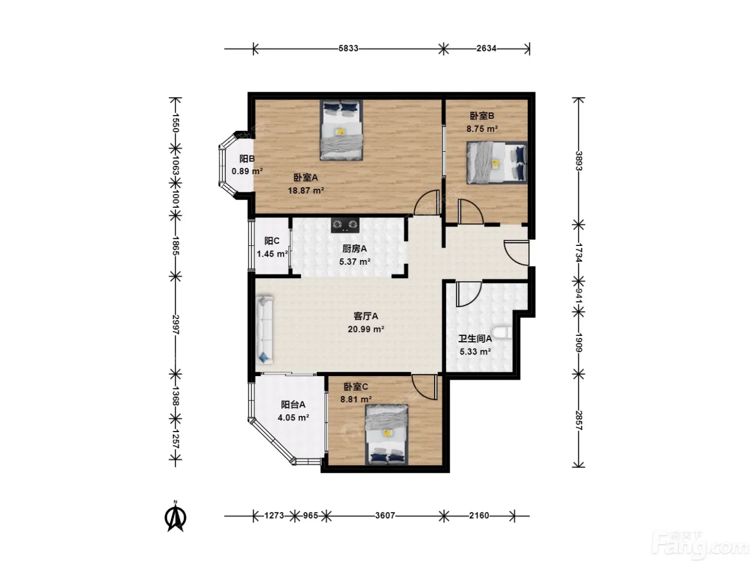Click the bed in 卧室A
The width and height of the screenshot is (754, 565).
point(341,130)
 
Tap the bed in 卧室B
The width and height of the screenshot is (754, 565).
point(497,163)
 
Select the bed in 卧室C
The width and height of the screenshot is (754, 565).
point(387,435)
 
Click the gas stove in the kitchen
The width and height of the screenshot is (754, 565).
point(345,225)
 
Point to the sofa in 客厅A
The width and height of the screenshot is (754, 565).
point(264,330)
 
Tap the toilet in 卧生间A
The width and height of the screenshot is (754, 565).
point(501,333)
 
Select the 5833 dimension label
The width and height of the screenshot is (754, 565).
point(348,48)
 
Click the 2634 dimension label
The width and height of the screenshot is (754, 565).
point(486,48)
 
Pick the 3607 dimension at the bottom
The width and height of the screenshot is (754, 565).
point(385,515)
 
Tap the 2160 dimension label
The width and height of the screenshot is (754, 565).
point(479,515)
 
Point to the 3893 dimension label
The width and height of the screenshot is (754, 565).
point(578,161)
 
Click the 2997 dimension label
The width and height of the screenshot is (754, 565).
point(176,324)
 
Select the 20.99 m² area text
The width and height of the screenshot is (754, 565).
point(366,329)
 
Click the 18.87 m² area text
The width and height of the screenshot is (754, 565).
point(306,190)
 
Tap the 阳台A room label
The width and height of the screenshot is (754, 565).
point(293,405)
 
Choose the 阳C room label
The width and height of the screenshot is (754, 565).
point(272,241)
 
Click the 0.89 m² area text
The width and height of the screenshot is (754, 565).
point(247,171)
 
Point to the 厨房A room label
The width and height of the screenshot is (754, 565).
point(354,249)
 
